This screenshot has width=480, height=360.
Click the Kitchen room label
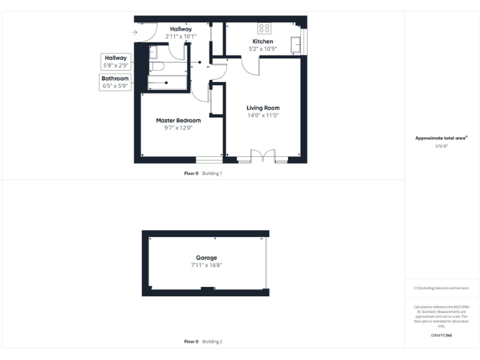coord(262,41)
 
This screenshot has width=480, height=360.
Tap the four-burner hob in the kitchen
coord(264,28)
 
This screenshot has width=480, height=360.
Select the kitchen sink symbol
coord(296,45)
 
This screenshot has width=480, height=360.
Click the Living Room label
coord(262,107)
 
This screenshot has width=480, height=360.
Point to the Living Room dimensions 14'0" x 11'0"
coord(262,115)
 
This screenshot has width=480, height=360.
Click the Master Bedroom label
coord(178,120)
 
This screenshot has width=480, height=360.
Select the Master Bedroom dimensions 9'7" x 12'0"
coord(178,128)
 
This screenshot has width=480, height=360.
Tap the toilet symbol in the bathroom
coord(156,66)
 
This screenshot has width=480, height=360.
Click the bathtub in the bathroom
coord(167,82)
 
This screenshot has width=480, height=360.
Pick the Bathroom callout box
coord(116,82)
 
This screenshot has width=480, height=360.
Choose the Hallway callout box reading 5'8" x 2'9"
coord(116,61)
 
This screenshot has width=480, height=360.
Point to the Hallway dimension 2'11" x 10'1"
coord(181,36)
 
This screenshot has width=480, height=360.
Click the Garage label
coord(206,257)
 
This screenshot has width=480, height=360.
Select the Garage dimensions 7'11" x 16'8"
coord(206,265)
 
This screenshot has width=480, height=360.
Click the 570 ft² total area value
coord(441,146)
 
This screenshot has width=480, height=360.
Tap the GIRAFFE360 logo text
coord(441,336)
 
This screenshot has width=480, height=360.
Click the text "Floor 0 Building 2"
coord(203,342)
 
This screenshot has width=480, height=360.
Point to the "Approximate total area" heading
coord(441,138)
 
